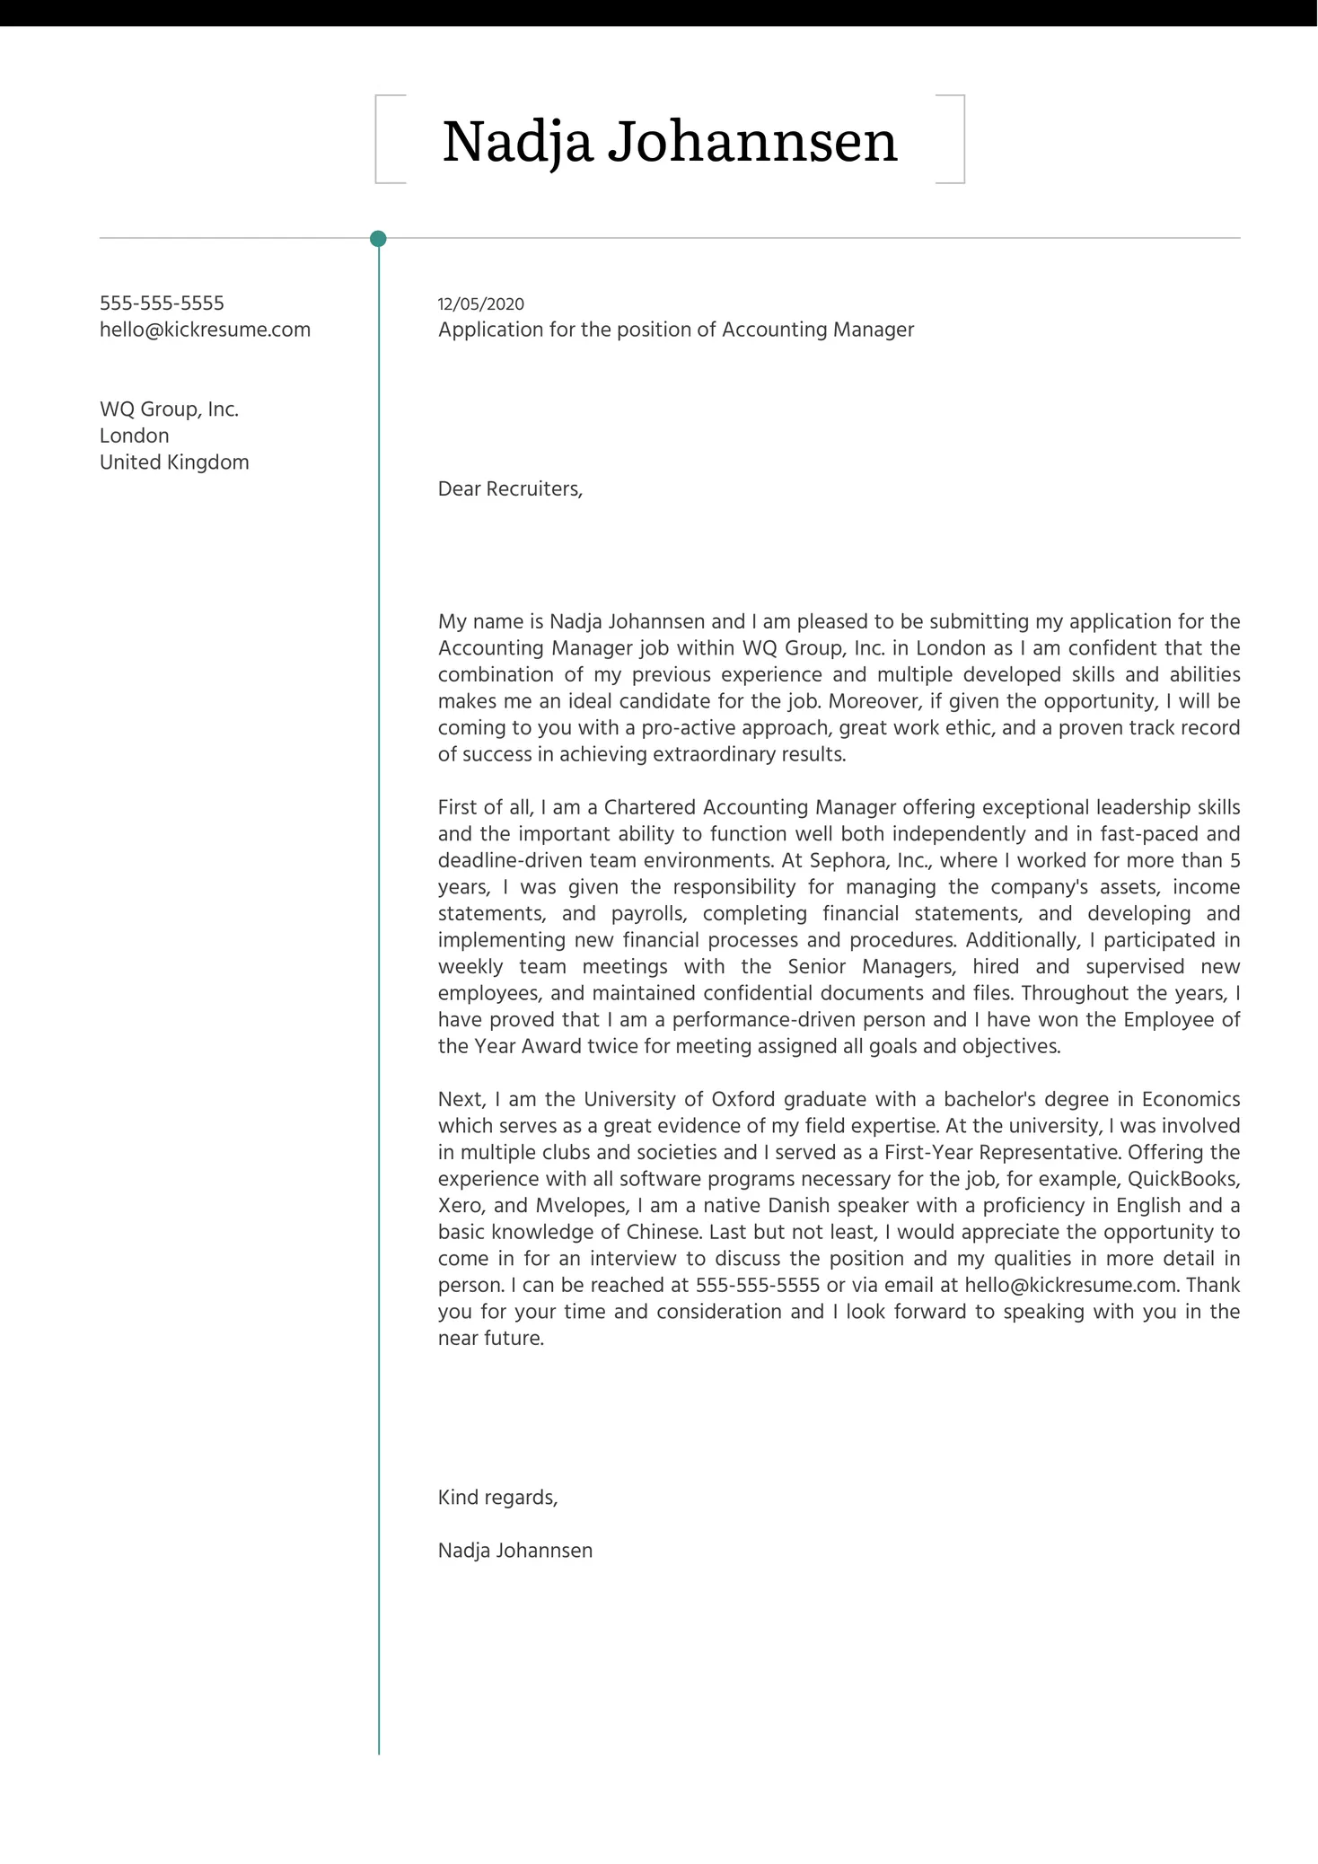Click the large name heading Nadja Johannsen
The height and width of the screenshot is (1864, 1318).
pyautogui.click(x=669, y=141)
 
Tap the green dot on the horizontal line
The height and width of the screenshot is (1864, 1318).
pyautogui.click(x=378, y=239)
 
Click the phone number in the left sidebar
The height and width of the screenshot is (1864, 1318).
pyautogui.click(x=162, y=303)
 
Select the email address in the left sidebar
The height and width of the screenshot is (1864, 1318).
pyautogui.click(x=205, y=330)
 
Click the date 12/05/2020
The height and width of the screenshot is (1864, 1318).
pyautogui.click(x=480, y=304)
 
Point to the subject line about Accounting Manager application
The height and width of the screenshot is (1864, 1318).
pyautogui.click(x=675, y=330)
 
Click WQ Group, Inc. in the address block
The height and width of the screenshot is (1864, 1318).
pyautogui.click(x=169, y=409)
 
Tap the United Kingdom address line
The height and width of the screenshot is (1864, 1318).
pyautogui.click(x=174, y=462)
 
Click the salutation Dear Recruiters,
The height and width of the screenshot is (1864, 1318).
pyautogui.click(x=510, y=489)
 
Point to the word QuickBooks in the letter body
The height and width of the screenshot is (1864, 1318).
pyautogui.click(x=1183, y=1179)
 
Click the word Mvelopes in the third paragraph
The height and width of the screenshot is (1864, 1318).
pyautogui.click(x=581, y=1206)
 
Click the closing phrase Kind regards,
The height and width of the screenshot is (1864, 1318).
pyautogui.click(x=497, y=1498)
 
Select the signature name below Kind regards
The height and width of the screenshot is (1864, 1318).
pyautogui.click(x=515, y=1551)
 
